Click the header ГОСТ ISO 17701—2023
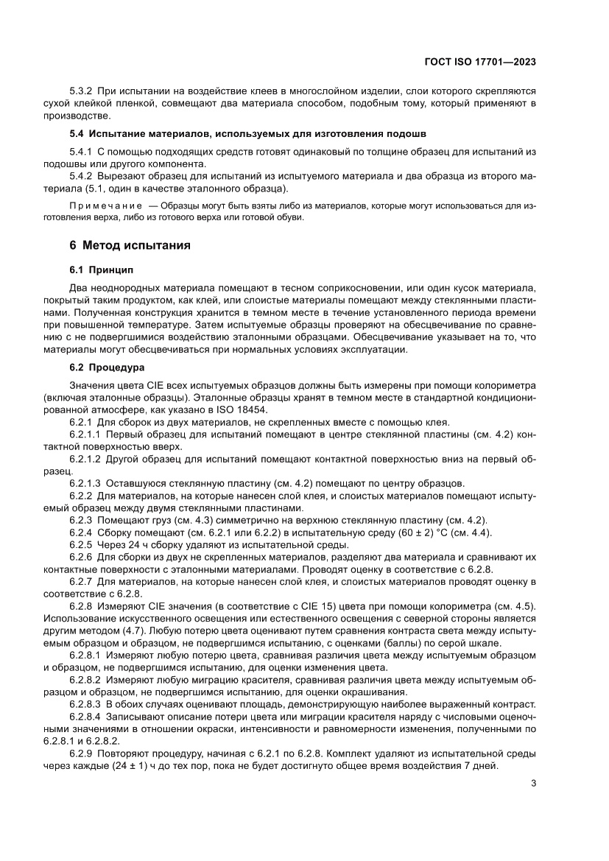coord(480,63)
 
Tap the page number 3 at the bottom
coord(533,784)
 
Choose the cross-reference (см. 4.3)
coord(173,520)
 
